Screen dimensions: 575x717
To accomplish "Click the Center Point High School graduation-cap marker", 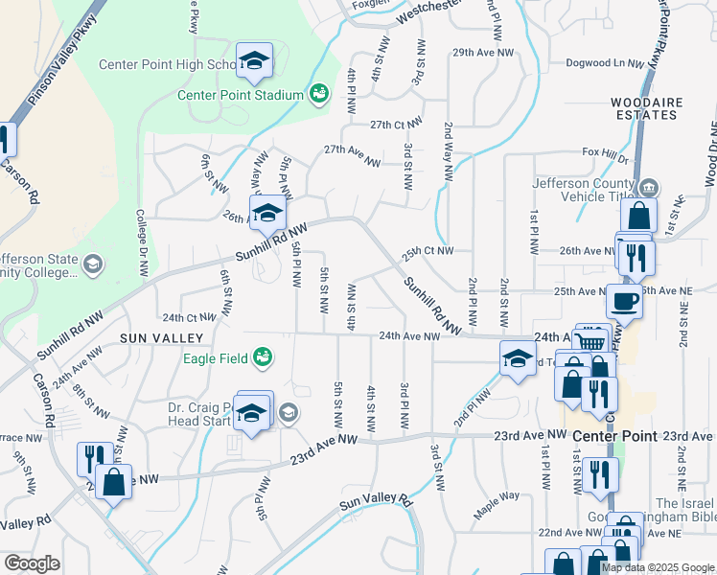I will [255, 62].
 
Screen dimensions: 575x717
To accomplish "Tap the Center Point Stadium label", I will [241, 95].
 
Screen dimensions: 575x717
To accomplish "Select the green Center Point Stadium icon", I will [317, 94].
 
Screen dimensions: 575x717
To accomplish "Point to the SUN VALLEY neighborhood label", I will [162, 338].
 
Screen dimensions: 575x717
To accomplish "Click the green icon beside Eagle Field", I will [261, 358].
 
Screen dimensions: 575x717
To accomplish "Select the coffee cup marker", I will [624, 301].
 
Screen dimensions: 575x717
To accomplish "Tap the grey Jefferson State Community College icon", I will [93, 264].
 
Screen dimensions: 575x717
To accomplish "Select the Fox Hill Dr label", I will [604, 153].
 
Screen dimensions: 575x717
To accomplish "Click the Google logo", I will [32, 563].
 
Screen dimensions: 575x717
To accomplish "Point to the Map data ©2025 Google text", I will [657, 567].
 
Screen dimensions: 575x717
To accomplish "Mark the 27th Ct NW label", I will [397, 125].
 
